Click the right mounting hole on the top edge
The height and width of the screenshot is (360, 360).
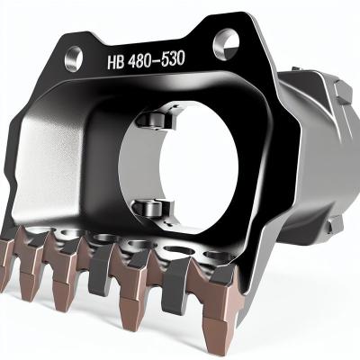(225, 39)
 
